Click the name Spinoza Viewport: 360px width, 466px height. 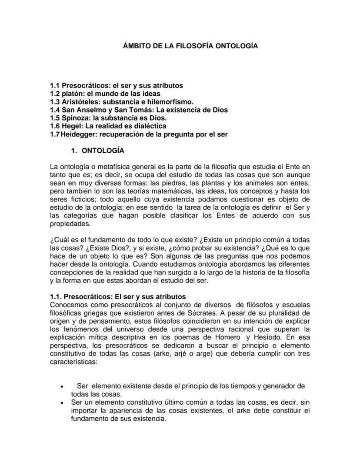74,118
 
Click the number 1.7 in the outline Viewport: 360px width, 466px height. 55,134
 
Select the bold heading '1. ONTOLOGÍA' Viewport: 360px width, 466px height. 98,151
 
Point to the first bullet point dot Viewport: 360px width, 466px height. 64,386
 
